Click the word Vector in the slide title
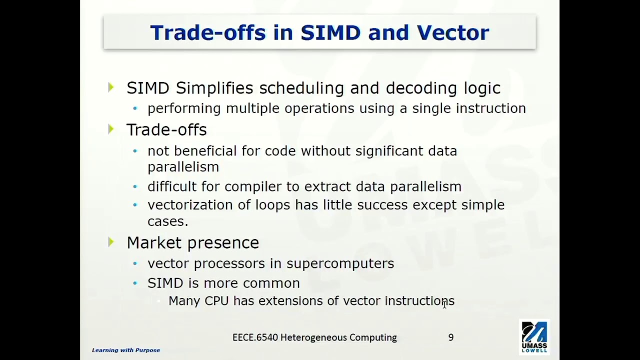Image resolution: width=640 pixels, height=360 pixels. pyautogui.click(x=452, y=32)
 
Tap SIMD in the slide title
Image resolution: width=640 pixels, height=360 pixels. pyautogui.click(x=330, y=32)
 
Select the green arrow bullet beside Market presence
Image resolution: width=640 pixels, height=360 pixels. pyautogui.click(x=111, y=242)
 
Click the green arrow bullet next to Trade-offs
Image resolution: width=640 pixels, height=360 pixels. pyautogui.click(x=111, y=129)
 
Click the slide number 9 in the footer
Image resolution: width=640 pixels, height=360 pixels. pyautogui.click(x=451, y=337)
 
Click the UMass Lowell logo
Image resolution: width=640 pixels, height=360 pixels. pyautogui.click(x=534, y=336)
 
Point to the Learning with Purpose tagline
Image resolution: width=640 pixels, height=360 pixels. pyautogui.click(x=126, y=350)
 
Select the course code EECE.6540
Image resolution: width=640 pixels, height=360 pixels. pyautogui.click(x=254, y=337)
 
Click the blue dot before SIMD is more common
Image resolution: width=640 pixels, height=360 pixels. pyautogui.click(x=135, y=283)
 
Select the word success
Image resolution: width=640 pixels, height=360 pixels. pyautogui.click(x=385, y=205)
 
